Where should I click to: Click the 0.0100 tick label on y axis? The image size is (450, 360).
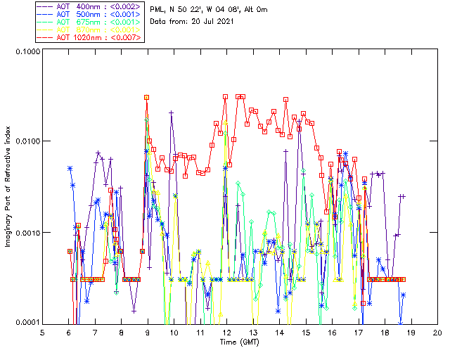pos(27,141)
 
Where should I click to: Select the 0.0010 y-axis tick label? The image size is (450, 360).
pos(27,232)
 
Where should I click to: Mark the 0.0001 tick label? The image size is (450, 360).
pos(27,322)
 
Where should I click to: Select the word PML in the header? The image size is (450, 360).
pos(158,8)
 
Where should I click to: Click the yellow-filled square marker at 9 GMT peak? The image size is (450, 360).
pos(147,98)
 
